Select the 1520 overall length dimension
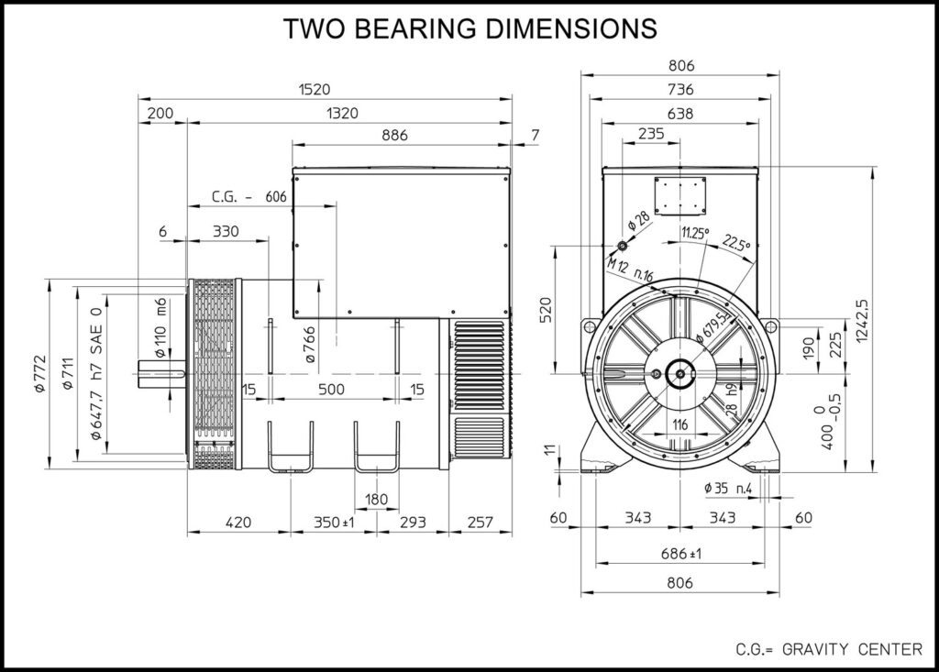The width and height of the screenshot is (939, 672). click(315, 89)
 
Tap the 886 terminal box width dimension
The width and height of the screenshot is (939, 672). click(394, 136)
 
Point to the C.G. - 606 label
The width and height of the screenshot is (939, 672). click(249, 196)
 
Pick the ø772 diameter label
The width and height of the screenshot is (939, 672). click(40, 373)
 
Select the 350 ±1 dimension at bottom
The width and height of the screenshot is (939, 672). click(334, 523)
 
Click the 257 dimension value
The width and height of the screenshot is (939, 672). click(480, 523)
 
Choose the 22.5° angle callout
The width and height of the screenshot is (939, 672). click(736, 243)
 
